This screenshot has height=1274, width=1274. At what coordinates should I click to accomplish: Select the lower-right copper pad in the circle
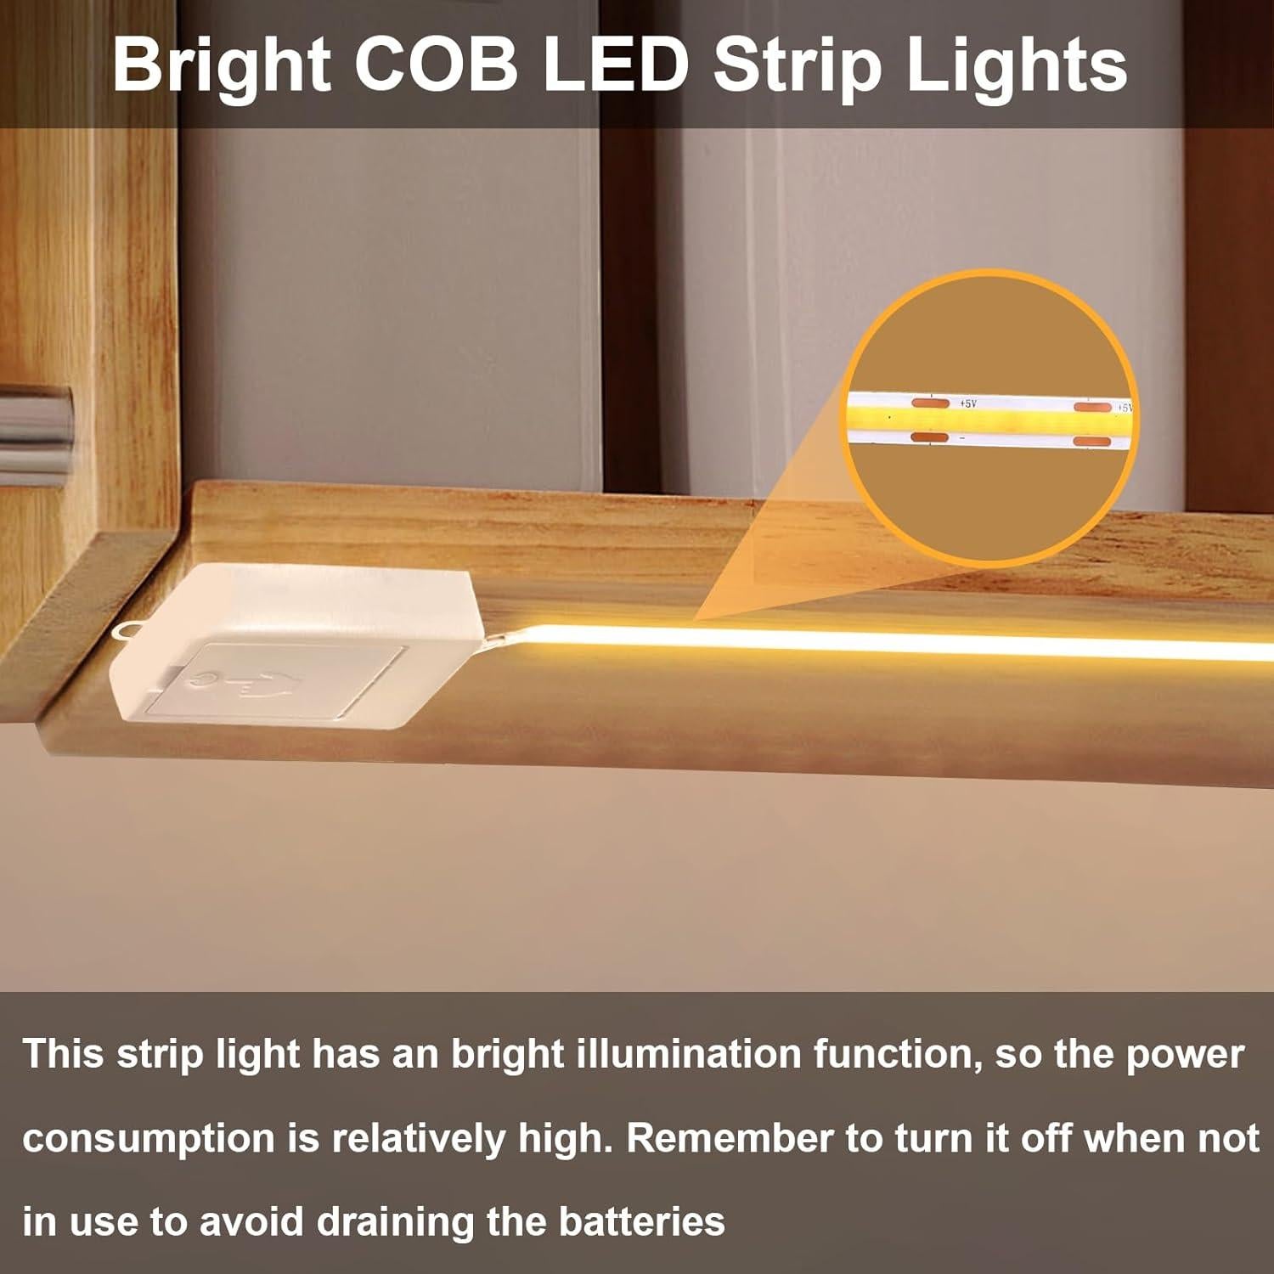pyautogui.click(x=1092, y=442)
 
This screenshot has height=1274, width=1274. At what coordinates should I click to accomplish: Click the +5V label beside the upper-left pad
pyautogui.click(x=967, y=403)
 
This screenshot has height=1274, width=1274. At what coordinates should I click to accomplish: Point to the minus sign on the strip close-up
pyautogui.click(x=962, y=439)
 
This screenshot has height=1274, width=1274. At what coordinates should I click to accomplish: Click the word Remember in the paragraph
pyautogui.click(x=729, y=1138)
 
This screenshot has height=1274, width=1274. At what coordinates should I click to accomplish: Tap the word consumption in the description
pyautogui.click(x=149, y=1138)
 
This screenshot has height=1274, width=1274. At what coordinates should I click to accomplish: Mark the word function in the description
pyautogui.click(x=897, y=1054)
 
